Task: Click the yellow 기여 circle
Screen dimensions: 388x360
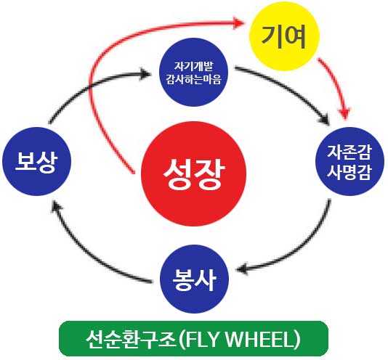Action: pyautogui.click(x=284, y=36)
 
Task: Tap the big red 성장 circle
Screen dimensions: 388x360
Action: pyautogui.click(x=194, y=173)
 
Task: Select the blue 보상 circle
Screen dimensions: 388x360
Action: pyautogui.click(x=36, y=161)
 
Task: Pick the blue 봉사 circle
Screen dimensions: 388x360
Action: pyautogui.click(x=194, y=279)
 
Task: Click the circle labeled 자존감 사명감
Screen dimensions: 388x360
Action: pyautogui.click(x=349, y=161)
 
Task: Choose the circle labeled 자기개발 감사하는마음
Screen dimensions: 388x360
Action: pyautogui.click(x=193, y=72)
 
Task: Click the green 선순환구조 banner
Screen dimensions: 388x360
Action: pyautogui.click(x=193, y=338)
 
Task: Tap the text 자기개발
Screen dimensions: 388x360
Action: pyautogui.click(x=193, y=66)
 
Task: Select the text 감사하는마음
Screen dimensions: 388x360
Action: pyautogui.click(x=193, y=80)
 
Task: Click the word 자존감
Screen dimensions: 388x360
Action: pyautogui.click(x=349, y=152)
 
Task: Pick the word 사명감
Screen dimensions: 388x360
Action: pyautogui.click(x=349, y=171)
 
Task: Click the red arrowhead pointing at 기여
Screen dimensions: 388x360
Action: pyautogui.click(x=238, y=23)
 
